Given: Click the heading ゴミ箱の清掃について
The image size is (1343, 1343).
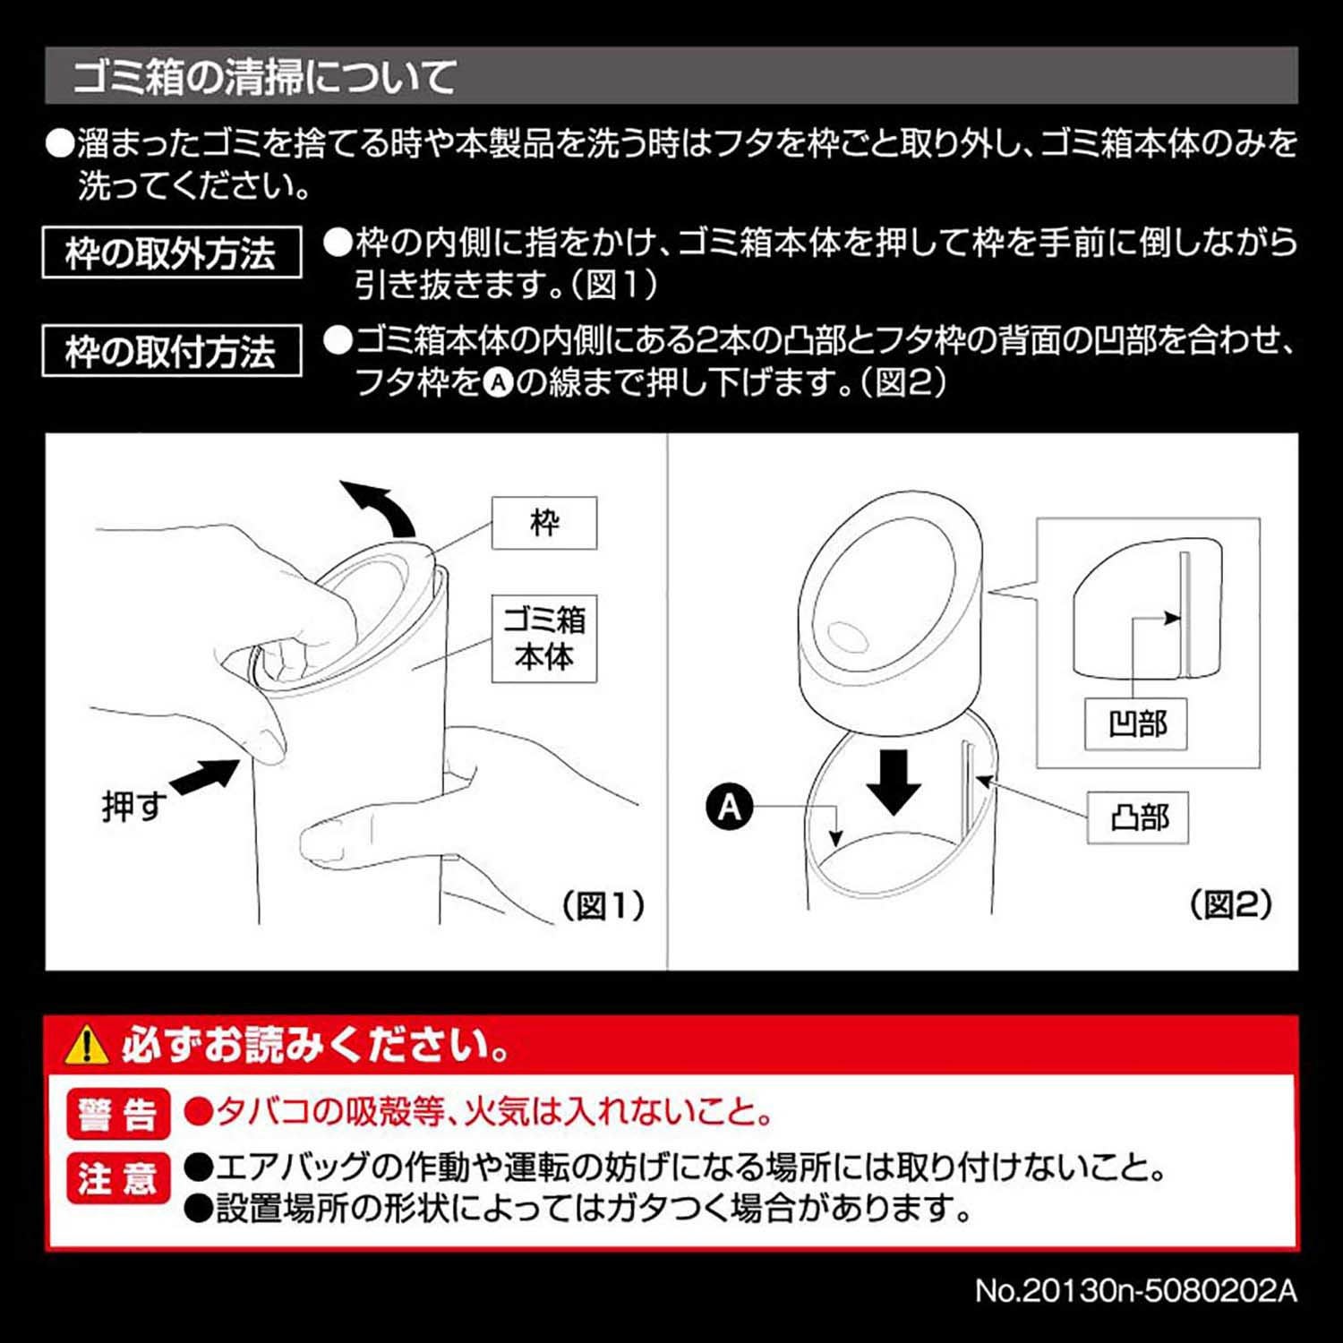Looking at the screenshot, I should coord(265,77).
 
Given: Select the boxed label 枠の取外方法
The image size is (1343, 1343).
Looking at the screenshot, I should coord(171,253).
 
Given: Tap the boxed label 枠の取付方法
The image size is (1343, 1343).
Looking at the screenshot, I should coord(171,351).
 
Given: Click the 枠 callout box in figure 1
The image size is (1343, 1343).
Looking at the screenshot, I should coord(543,523).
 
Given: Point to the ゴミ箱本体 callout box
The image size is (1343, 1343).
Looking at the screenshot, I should coord(543,638).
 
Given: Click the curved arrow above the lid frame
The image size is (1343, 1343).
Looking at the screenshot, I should coord(381,505).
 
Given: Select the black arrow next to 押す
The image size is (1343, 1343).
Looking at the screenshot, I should coord(205,775).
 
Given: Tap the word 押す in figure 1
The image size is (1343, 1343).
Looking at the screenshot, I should coord(133,807).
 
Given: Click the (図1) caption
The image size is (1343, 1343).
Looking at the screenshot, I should coord(603,906).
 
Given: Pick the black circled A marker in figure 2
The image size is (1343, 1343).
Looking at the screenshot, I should coord(730,808).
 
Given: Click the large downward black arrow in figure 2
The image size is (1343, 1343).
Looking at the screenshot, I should coord(894,781).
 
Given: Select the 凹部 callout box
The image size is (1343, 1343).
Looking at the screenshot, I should coord(1135,723).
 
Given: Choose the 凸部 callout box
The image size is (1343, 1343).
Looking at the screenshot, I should coord(1137,817).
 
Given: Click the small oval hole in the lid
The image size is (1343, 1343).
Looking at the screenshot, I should coord(845,637).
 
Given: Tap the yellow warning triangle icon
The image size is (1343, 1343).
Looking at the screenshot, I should coord(87,1045).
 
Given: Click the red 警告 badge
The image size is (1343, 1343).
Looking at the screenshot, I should coord(117,1114).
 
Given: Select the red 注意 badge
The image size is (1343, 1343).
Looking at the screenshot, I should coord(117,1177).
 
